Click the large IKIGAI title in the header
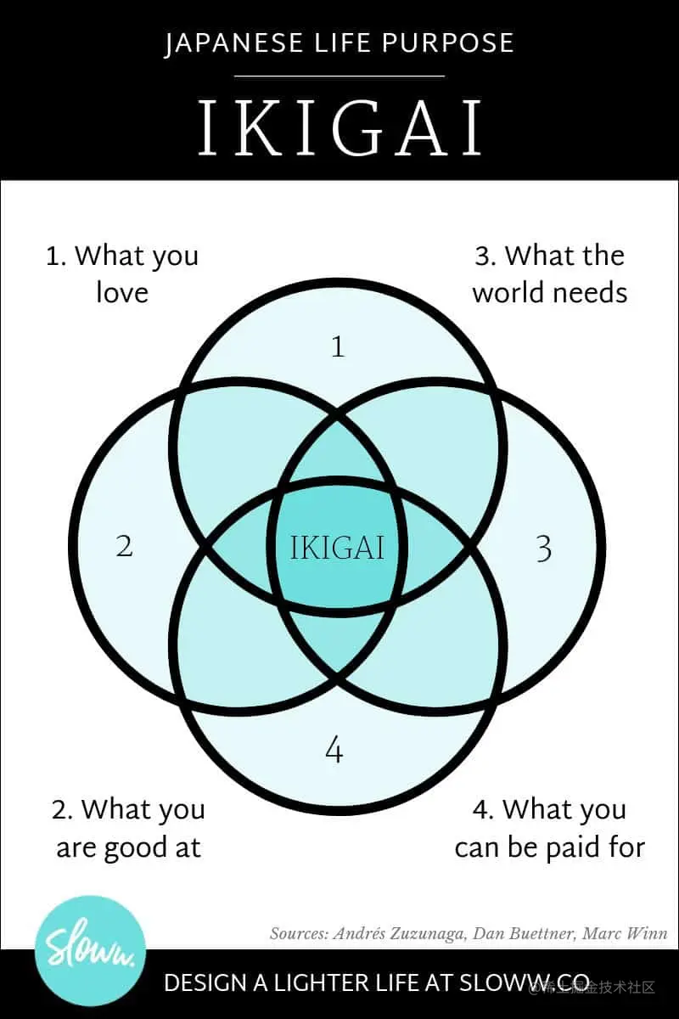point(339,130)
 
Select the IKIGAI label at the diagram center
point(337,548)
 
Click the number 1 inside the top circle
point(338,346)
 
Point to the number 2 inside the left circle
point(125,546)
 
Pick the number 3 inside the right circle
point(544,549)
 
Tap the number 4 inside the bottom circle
point(334,750)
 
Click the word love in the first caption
point(121,293)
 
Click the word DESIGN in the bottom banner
point(206,984)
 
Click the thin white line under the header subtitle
point(339,76)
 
